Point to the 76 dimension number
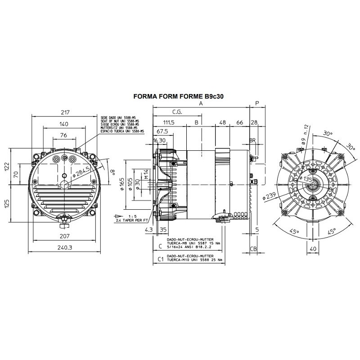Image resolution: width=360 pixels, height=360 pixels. (63, 135)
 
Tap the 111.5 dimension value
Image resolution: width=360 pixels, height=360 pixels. (169, 122)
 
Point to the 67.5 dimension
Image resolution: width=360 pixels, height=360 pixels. (162, 131)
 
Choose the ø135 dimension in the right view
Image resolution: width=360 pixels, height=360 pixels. (308, 179)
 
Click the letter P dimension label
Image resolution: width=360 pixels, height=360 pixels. (257, 103)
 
